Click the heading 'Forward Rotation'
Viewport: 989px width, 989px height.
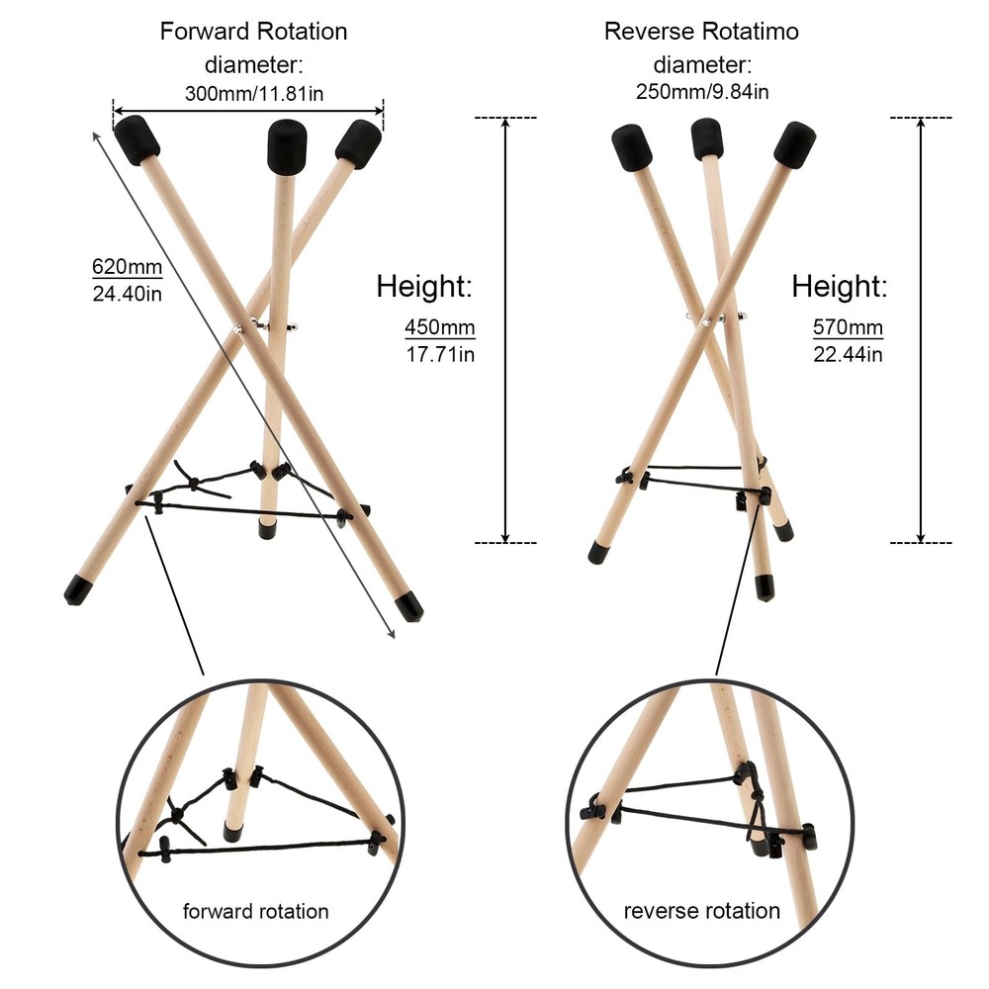[253, 32]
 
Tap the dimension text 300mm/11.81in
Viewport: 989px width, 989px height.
[254, 93]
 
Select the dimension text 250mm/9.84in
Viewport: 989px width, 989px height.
[702, 92]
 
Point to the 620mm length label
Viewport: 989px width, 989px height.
[128, 267]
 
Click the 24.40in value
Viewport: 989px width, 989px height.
[128, 294]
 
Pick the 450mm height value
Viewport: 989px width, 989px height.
[440, 327]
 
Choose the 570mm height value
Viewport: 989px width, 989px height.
[848, 327]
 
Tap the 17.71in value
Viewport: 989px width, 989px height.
[440, 354]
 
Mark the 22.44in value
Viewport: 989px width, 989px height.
[848, 354]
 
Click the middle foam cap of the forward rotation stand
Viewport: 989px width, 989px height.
[287, 146]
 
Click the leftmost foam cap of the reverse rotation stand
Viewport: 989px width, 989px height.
[631, 147]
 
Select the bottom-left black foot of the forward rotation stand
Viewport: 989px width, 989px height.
[78, 590]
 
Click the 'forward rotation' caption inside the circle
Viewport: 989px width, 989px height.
[255, 912]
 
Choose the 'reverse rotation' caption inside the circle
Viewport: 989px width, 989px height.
[702, 911]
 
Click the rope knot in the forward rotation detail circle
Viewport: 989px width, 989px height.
[178, 815]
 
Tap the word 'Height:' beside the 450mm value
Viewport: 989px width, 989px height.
[424, 286]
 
